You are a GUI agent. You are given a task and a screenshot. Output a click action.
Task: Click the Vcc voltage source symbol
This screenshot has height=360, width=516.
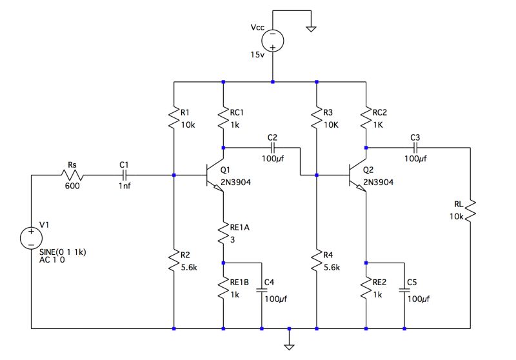click(x=273, y=40)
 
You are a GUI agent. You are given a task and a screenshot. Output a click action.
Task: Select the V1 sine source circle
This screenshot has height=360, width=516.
click(x=30, y=238)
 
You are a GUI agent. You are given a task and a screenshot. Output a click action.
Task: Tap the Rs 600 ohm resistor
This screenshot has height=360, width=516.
click(x=72, y=175)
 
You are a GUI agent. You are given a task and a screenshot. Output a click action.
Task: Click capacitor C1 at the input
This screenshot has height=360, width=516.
click(x=124, y=175)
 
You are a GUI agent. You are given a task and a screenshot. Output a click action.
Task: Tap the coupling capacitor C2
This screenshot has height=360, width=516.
click(x=272, y=148)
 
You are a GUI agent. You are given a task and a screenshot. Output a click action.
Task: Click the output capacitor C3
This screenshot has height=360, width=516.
click(x=415, y=148)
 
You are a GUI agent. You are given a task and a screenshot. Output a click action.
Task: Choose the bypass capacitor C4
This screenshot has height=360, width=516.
click(x=262, y=291)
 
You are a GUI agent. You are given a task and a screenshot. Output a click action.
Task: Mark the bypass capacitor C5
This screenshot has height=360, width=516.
click(x=405, y=291)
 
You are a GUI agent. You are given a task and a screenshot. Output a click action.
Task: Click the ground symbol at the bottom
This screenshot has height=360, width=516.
click(x=290, y=342)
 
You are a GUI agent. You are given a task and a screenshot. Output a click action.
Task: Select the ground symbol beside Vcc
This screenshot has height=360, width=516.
click(x=311, y=28)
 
